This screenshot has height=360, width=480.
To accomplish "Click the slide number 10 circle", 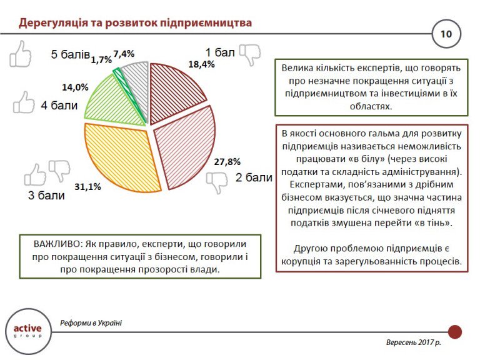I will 446,34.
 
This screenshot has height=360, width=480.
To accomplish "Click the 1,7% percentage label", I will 101,60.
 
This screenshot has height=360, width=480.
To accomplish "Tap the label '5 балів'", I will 71,54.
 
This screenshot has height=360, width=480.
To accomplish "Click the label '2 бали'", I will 254,178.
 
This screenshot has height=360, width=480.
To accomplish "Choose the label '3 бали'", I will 46,196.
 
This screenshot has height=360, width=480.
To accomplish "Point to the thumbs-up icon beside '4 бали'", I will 24,102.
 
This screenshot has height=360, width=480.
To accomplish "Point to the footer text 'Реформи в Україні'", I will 91,323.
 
